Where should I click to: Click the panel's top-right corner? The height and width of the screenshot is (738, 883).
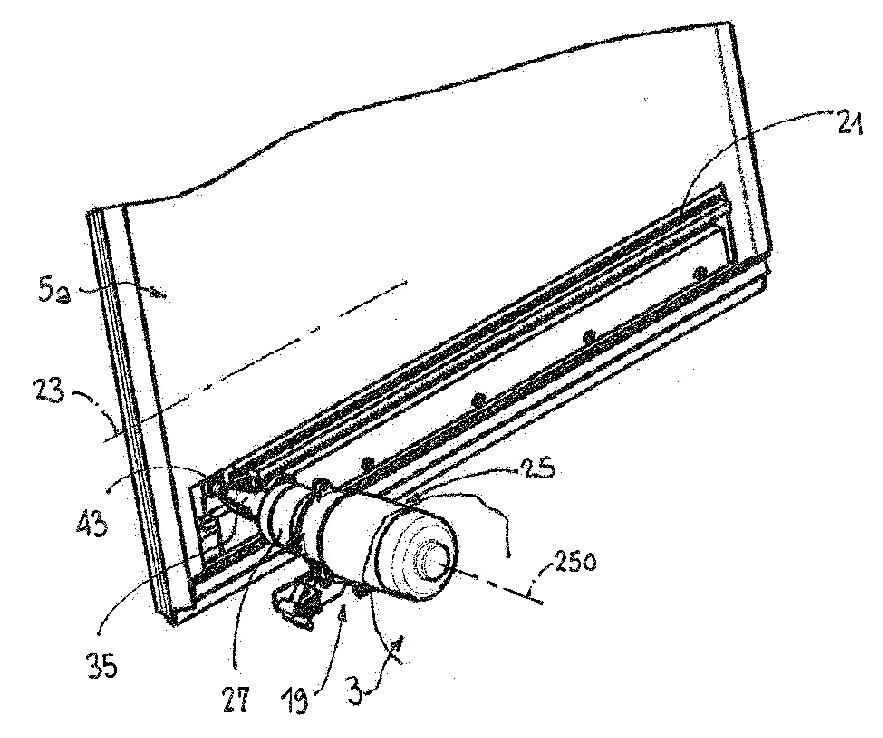coord(730,22)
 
